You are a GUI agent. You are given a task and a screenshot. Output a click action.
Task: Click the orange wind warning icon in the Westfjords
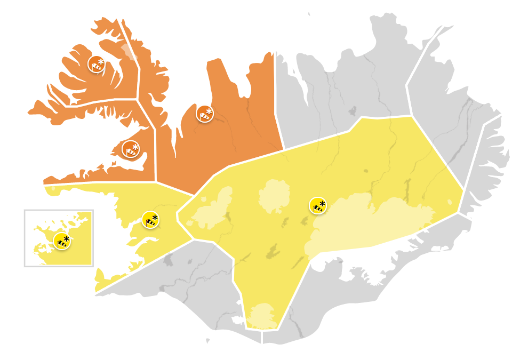(x=96, y=64)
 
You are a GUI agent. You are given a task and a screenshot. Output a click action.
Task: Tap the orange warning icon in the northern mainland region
(x=204, y=114)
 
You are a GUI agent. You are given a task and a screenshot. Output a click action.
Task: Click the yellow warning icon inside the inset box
(x=62, y=242)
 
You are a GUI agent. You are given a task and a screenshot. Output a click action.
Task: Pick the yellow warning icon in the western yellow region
(x=150, y=220)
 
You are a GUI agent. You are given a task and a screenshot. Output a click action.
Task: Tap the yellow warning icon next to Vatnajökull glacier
(x=318, y=205)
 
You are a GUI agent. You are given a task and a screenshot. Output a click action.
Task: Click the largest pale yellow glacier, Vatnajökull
(x=373, y=224)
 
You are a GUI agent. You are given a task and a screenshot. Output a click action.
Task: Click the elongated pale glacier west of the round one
(x=213, y=208)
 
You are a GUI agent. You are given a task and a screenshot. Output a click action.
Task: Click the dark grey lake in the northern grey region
(x=351, y=111)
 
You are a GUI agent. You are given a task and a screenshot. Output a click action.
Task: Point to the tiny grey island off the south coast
(x=208, y=340)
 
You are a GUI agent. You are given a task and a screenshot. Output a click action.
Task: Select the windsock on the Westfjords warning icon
(x=95, y=67)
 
